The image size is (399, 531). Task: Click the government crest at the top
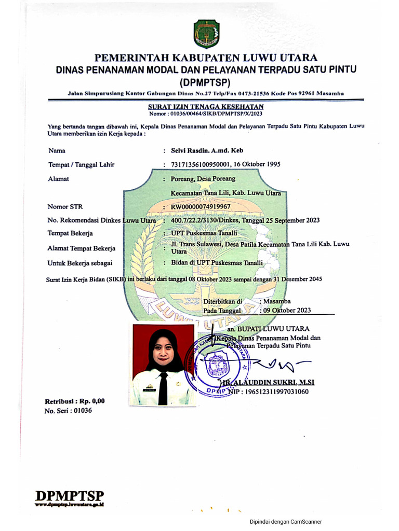[207, 34]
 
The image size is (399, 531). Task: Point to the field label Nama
[57, 151]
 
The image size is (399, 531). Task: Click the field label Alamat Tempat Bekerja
[82, 248]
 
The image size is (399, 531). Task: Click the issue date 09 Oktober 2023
[287, 310]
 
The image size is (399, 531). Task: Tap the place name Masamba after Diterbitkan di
[277, 301]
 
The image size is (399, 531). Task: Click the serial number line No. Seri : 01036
[64, 411]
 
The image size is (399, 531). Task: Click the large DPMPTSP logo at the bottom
[70, 496]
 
